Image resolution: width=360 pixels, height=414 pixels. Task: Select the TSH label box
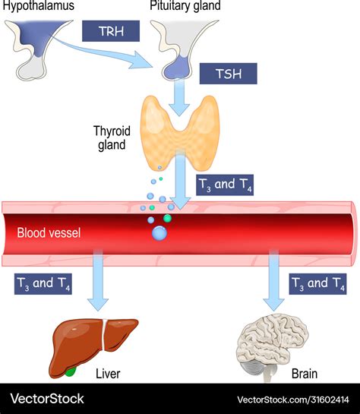pyautogui.click(x=228, y=73)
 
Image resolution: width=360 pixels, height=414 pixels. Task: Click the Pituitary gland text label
pyautogui.click(x=185, y=6)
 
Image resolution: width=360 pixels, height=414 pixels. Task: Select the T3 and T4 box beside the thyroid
pyautogui.click(x=226, y=185)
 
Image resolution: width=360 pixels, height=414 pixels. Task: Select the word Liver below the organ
pyautogui.click(x=109, y=374)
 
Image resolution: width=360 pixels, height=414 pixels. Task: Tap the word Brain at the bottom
pyautogui.click(x=305, y=374)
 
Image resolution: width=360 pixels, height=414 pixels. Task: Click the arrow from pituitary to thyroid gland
pyautogui.click(x=179, y=97)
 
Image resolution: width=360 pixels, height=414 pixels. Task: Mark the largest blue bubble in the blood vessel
pyautogui.click(x=159, y=233)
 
